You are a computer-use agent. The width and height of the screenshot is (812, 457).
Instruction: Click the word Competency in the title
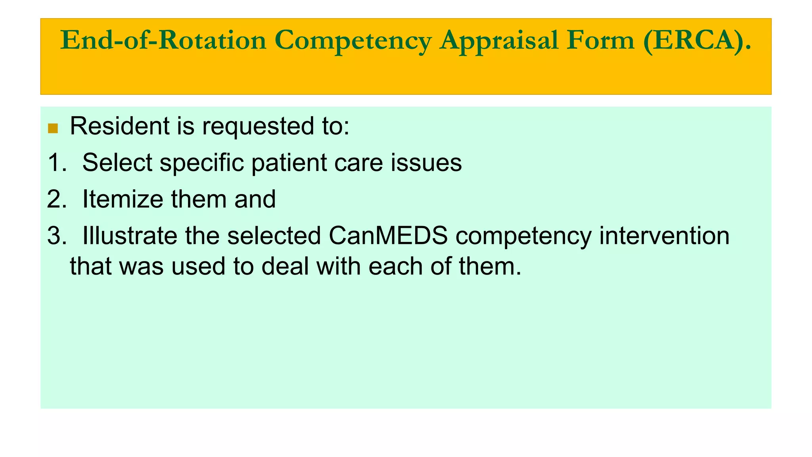point(352,40)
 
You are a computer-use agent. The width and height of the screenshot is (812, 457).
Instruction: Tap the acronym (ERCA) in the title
point(697,40)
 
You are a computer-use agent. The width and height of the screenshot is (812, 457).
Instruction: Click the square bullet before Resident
point(53,128)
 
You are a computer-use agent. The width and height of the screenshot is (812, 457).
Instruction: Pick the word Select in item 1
point(117,163)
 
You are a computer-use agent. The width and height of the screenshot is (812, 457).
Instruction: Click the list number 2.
point(56,199)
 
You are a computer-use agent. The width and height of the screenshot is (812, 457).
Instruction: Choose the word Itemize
point(123,199)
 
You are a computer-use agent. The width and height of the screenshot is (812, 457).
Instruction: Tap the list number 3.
point(56,236)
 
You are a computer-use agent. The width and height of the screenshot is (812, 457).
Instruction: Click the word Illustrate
point(129,236)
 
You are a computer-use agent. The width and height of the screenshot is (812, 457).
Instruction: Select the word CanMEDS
point(388,236)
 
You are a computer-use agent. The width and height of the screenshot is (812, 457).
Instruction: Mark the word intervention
point(664,236)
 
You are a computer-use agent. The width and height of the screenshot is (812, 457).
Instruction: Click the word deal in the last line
point(285,266)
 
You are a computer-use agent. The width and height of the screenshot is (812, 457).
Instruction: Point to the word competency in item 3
point(523,236)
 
